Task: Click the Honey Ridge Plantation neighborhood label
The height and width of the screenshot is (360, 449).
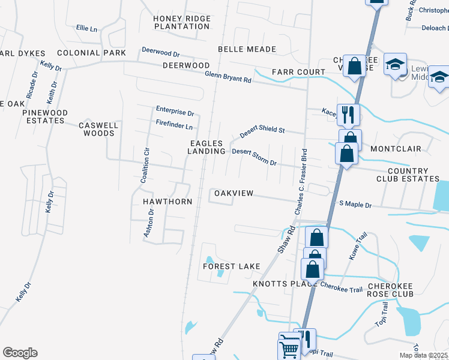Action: [182, 23]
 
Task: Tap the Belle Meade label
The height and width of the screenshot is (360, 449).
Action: [247, 49]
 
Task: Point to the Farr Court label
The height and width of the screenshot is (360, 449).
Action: [298, 72]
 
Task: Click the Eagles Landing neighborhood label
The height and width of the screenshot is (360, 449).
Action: [206, 148]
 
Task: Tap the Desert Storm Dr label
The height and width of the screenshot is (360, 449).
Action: [254, 157]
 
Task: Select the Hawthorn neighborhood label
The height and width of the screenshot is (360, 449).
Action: [167, 202]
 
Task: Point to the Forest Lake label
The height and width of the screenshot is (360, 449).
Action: [232, 266]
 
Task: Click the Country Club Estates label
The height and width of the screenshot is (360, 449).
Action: [408, 175]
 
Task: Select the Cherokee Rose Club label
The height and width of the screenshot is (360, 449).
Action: [390, 290]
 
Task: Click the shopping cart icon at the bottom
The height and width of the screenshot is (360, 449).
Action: [289, 349]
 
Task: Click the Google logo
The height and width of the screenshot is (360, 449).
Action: [20, 353]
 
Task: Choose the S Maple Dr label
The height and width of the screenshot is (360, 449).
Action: [356, 205]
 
